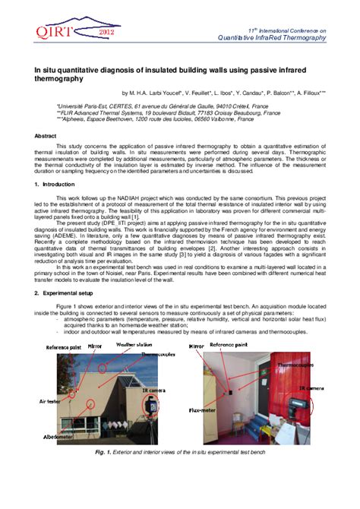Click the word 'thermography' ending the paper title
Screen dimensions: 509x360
coord(58,77)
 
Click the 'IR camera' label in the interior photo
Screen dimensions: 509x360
coord(312,388)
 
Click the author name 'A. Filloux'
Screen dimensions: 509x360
coord(311,93)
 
